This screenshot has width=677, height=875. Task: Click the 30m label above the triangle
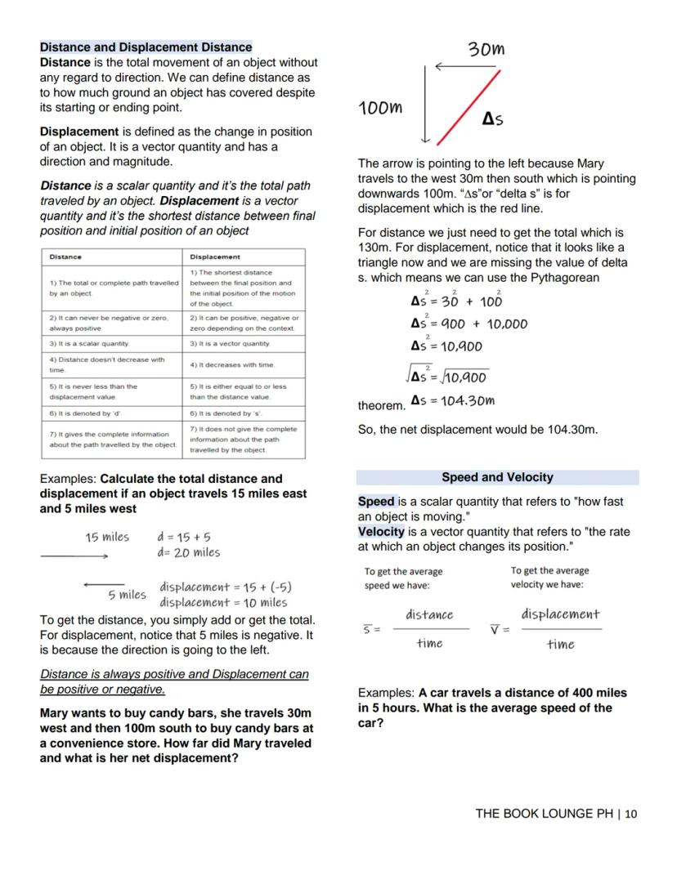(486, 50)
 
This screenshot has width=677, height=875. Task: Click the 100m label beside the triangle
(381, 107)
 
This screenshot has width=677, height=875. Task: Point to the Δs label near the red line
(492, 119)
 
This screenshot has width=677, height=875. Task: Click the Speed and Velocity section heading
(497, 477)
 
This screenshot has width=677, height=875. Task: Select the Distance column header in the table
(65, 257)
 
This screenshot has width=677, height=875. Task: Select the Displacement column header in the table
(211, 257)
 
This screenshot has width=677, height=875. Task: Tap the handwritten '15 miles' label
(107, 537)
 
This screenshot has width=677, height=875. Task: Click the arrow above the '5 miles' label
(104, 583)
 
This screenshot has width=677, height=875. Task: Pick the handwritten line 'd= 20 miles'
(188, 552)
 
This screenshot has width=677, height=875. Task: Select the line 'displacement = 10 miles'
(223, 602)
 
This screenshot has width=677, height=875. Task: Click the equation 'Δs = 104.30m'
(452, 400)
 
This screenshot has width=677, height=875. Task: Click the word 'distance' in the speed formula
(428, 614)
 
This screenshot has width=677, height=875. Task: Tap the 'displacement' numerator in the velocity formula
(560, 614)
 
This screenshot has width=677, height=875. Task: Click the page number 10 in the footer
(630, 814)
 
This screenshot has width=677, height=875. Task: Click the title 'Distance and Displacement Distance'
(146, 47)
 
